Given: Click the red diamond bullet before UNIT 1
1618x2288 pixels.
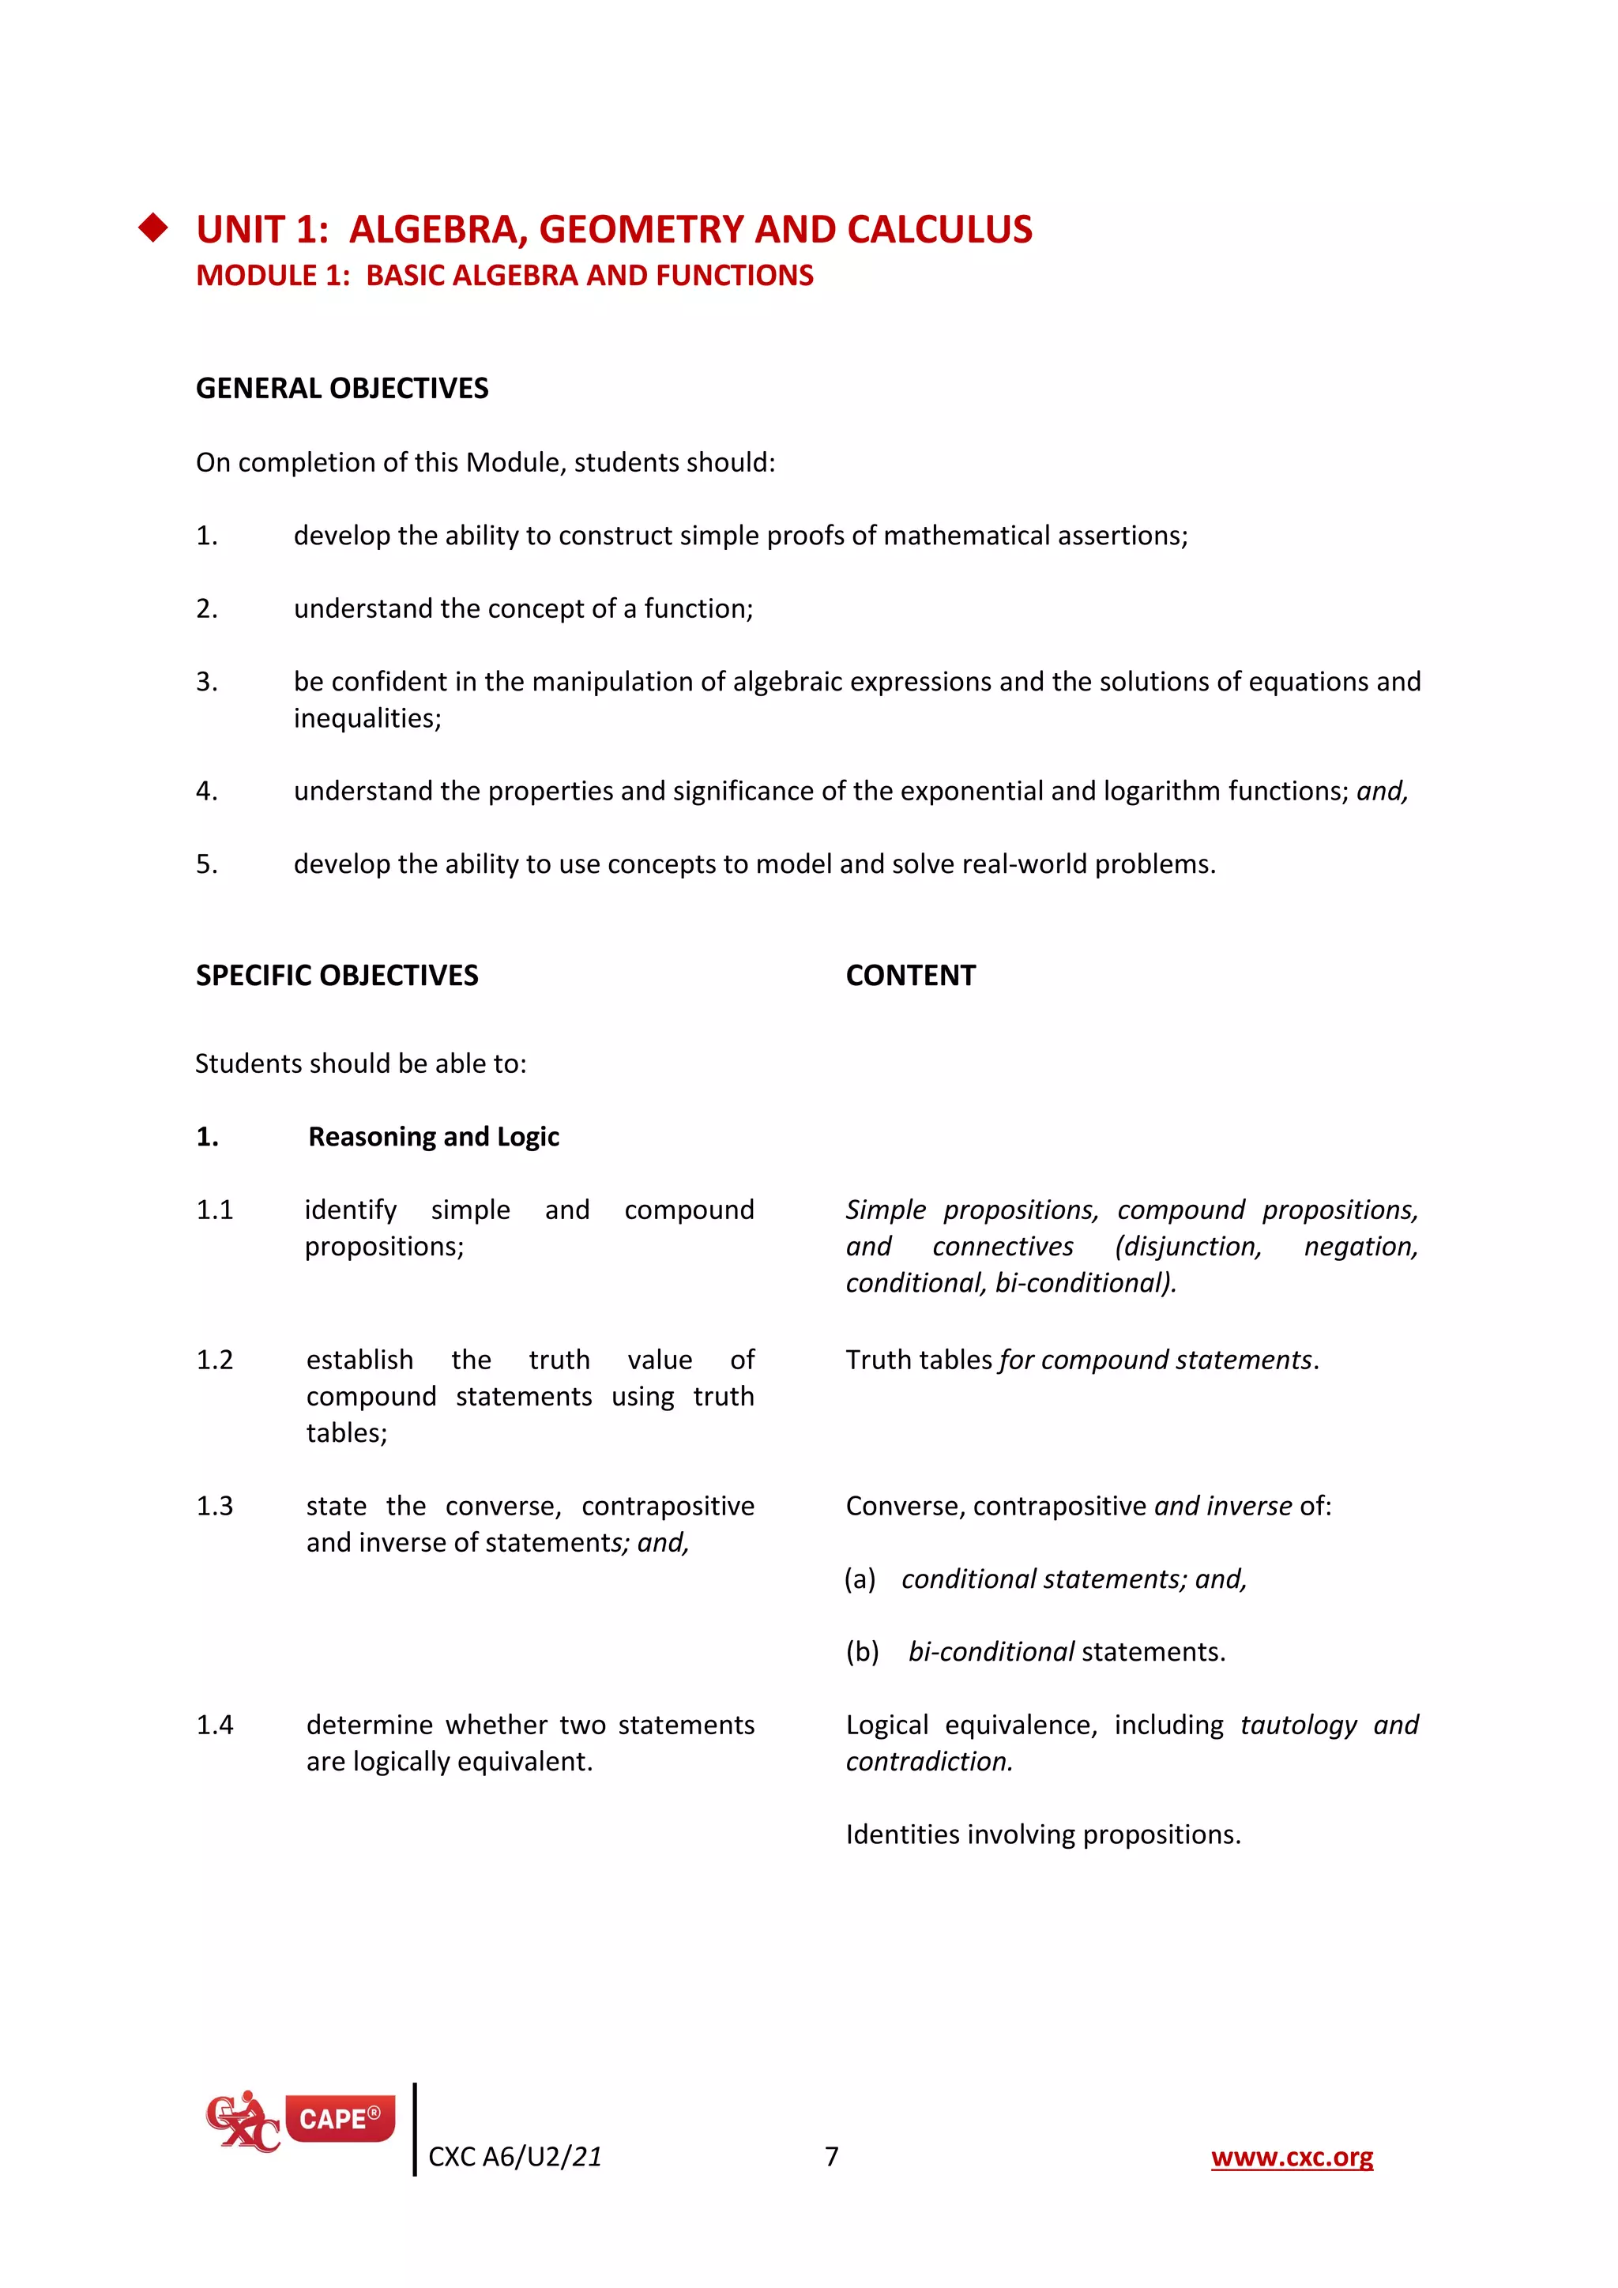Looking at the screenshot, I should [x=153, y=228].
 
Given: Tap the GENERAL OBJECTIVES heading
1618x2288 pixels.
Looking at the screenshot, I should [x=342, y=389].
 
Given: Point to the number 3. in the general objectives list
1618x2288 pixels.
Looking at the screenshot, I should [x=206, y=682].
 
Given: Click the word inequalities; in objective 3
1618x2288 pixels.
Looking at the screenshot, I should [x=367, y=718].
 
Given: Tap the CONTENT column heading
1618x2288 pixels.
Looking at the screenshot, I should [x=909, y=976].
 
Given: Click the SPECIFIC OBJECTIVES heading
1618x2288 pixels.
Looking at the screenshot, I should [x=337, y=976].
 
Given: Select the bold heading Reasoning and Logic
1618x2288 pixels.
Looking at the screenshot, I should [x=434, y=1137].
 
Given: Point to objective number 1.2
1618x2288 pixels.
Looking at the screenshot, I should [x=214, y=1360].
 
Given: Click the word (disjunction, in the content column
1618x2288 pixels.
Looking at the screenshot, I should [x=1187, y=1247].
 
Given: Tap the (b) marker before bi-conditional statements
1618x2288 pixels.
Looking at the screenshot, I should [x=862, y=1652].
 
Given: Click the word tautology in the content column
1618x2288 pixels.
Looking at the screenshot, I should [x=1298, y=1725].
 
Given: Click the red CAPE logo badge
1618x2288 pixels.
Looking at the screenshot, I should [x=340, y=2119].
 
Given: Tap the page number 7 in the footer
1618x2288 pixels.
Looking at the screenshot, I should [x=832, y=2157].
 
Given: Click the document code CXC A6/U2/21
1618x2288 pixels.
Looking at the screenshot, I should [x=514, y=2158].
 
